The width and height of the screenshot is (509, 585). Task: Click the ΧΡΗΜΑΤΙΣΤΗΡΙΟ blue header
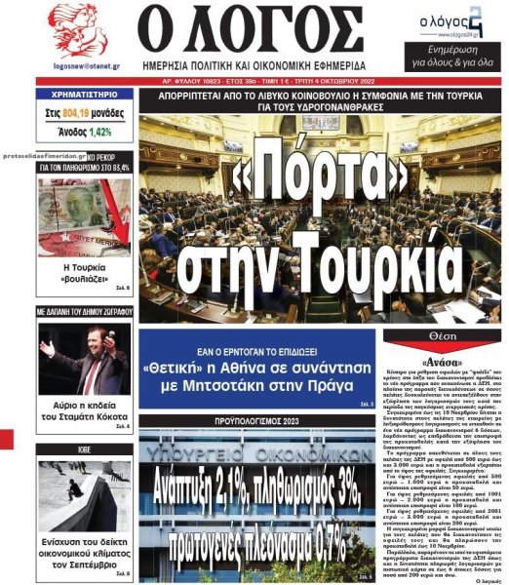click(x=85, y=96)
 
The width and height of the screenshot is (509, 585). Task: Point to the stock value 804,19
click(x=79, y=113)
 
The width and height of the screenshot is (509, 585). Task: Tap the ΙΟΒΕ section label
click(x=84, y=450)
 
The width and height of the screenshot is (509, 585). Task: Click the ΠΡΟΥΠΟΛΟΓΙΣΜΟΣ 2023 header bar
click(x=256, y=420)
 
